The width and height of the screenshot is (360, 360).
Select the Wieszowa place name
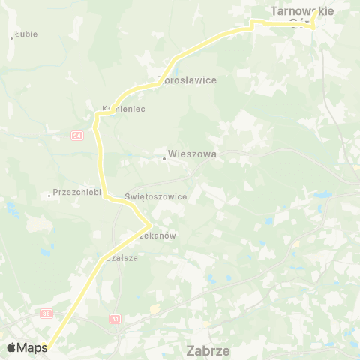(192, 154)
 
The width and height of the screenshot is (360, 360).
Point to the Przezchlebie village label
(76, 192)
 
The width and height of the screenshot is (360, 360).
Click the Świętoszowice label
(155, 196)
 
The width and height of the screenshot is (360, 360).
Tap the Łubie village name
(26, 34)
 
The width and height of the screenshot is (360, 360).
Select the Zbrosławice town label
(187, 79)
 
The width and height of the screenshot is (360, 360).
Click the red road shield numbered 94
(77, 135)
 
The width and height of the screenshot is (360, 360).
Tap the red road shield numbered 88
(46, 313)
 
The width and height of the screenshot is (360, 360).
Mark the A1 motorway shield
(115, 318)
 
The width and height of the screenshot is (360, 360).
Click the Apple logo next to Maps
(12, 347)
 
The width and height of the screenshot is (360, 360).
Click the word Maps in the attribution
(32, 347)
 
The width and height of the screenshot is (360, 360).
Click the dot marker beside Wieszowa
(164, 158)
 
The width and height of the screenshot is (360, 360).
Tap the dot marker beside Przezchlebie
(49, 196)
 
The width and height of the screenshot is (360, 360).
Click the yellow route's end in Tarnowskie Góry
(313, 16)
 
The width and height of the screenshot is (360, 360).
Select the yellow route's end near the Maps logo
(45, 346)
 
